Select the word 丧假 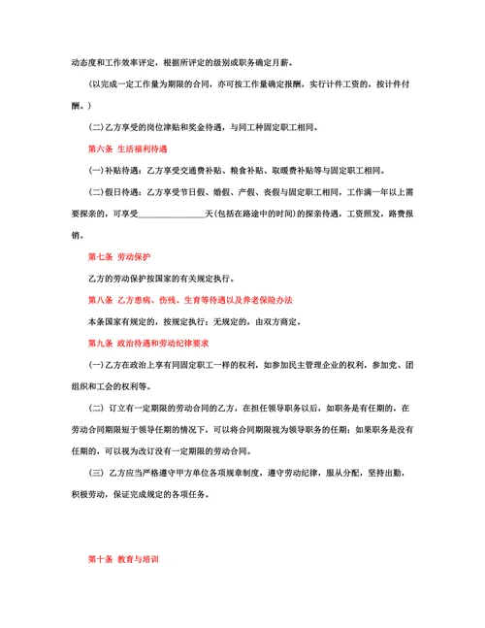(283, 192)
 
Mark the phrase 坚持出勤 (390, 473)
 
